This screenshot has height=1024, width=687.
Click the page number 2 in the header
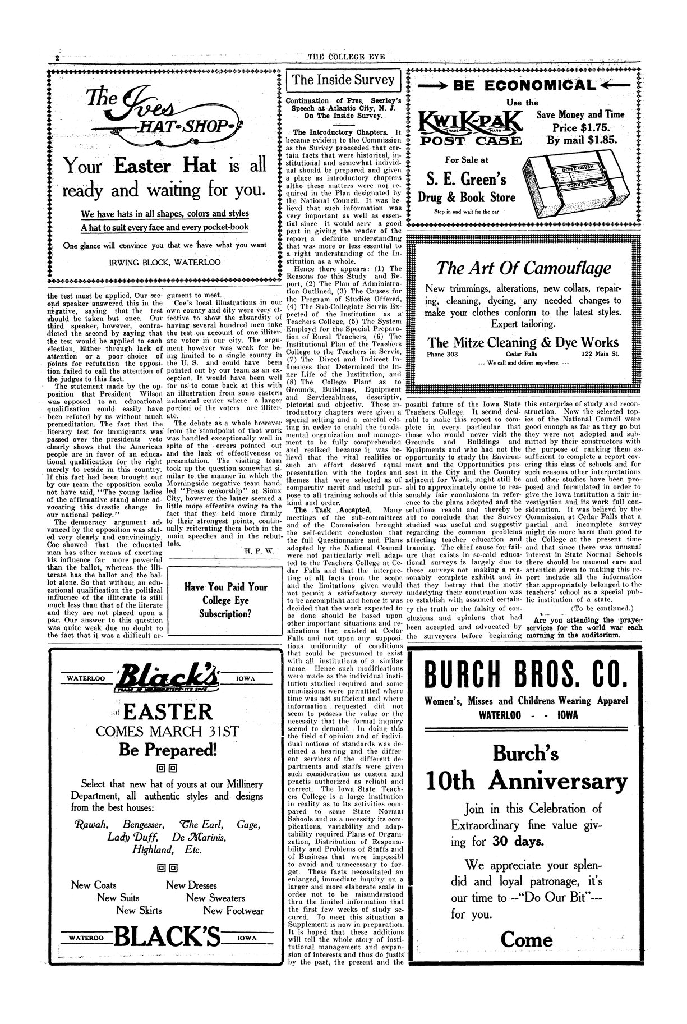click(x=57, y=58)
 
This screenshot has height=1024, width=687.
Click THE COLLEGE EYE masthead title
click(x=343, y=55)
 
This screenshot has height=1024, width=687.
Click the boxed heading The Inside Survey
click(x=343, y=80)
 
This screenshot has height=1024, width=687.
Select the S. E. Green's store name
click(x=462, y=179)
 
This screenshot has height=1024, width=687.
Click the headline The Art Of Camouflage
click(x=523, y=268)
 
